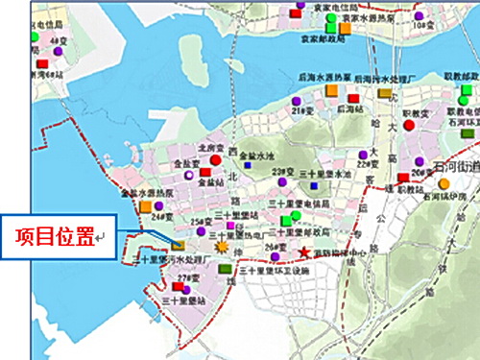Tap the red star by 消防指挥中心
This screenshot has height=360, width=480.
305,252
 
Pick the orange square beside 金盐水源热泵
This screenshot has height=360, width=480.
145,206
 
